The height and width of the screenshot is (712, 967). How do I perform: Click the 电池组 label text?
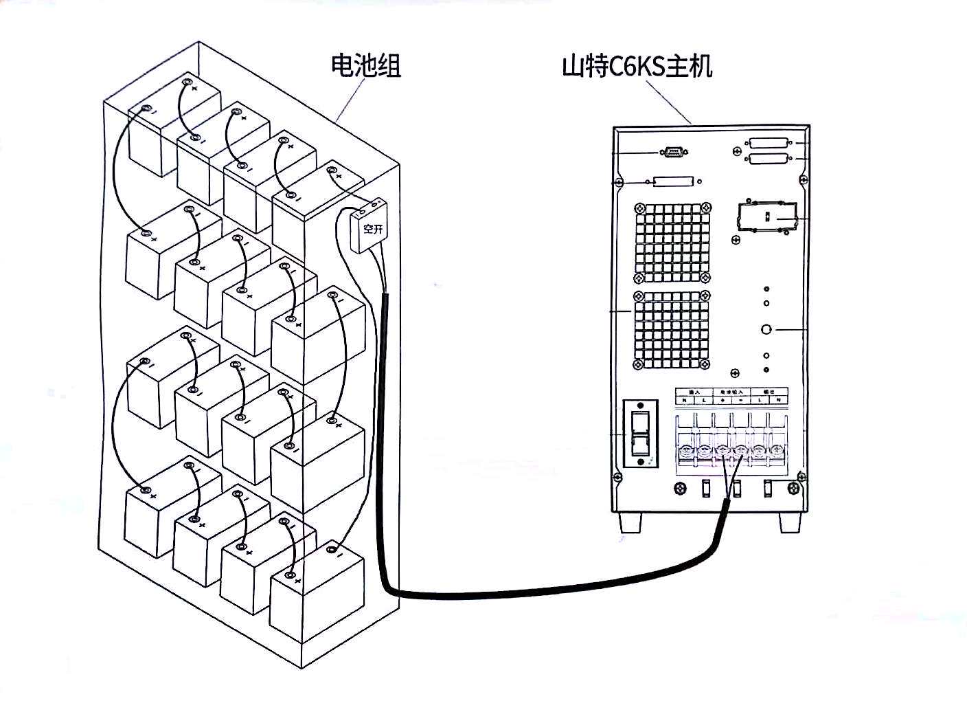pyautogui.click(x=365, y=66)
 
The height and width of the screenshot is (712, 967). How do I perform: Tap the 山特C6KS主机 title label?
pyautogui.click(x=637, y=67)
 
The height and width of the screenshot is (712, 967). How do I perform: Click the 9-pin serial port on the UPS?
pyautogui.click(x=672, y=152)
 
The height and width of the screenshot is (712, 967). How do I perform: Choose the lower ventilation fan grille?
pyautogui.click(x=671, y=332)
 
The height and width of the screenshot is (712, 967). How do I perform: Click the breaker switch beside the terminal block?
pyautogui.click(x=640, y=434)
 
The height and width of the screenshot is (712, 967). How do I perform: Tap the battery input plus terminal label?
pyautogui.click(x=724, y=400)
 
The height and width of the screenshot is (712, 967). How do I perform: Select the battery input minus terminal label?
pyautogui.click(x=741, y=400)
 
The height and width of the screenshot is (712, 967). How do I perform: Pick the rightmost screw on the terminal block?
pyautogui.click(x=777, y=452)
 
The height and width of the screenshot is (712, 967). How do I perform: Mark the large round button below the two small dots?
pyautogui.click(x=767, y=330)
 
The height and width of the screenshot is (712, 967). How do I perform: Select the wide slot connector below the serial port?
pyautogui.click(x=673, y=182)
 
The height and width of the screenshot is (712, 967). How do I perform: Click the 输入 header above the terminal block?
pyautogui.click(x=694, y=391)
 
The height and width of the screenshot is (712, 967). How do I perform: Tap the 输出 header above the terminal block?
pyautogui.click(x=769, y=391)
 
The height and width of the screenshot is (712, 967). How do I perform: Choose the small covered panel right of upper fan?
pyautogui.click(x=767, y=217)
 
